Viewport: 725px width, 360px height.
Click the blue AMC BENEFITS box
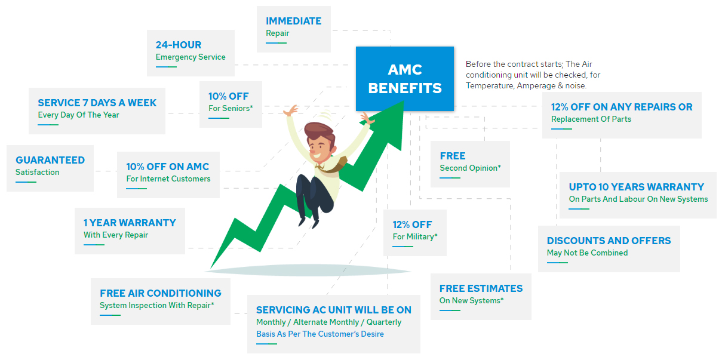404,79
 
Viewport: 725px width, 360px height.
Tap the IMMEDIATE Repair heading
293,21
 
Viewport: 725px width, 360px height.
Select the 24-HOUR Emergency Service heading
179,45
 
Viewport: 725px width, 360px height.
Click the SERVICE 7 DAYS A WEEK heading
97,103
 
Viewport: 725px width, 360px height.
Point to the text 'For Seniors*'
231,108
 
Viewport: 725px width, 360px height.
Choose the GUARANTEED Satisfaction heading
50,160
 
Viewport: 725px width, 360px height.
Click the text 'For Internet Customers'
168,179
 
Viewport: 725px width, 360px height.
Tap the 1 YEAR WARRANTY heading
130,223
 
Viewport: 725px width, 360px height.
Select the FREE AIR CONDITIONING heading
160,293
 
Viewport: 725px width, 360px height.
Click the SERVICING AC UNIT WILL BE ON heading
333,310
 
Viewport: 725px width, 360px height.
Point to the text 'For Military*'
414,236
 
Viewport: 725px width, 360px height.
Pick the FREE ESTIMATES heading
481,288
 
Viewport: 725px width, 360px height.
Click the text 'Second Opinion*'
470,168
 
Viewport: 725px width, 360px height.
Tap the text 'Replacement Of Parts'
591,119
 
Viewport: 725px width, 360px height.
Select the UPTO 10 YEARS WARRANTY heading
636,187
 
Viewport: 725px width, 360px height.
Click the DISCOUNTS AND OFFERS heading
609,241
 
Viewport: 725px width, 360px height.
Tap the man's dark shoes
308,220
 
